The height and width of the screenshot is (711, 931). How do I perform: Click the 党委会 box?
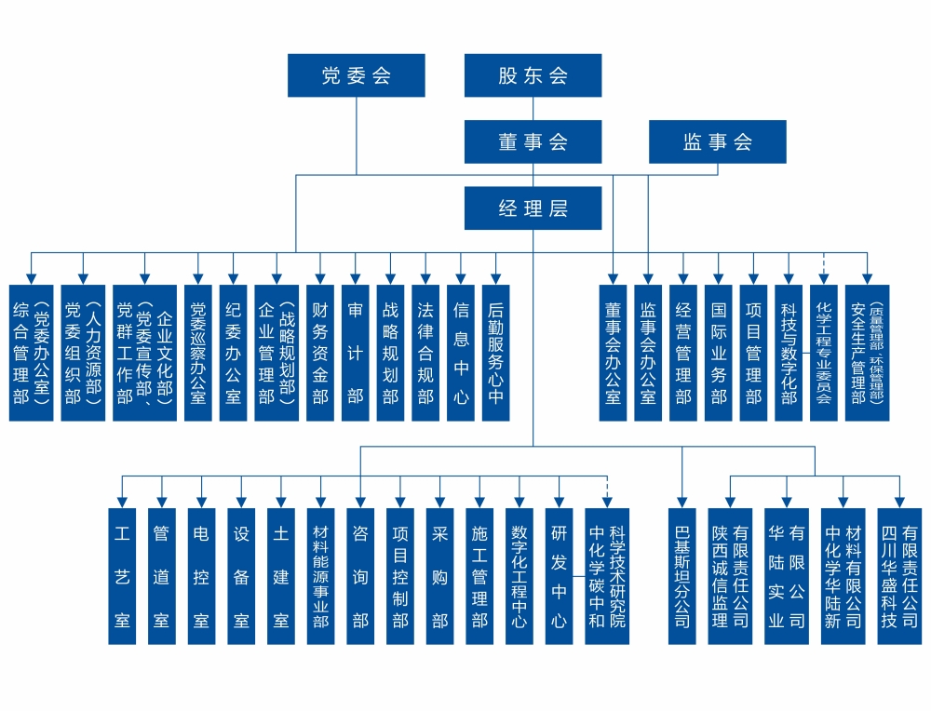[x=356, y=75]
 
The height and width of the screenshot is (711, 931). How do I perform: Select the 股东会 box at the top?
[x=533, y=75]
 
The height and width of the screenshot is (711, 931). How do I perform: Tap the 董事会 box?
[x=533, y=142]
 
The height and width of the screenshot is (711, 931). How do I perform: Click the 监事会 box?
[x=717, y=142]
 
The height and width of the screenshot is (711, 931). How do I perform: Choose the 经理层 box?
[x=533, y=208]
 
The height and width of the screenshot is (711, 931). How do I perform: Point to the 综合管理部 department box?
[x=31, y=353]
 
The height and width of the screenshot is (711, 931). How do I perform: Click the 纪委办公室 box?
[x=233, y=353]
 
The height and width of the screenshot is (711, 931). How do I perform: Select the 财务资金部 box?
[x=319, y=353]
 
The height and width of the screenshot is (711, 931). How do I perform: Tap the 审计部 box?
[x=355, y=353]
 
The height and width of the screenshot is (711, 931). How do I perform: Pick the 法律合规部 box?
[x=425, y=353]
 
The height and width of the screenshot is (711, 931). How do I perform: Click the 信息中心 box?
[x=461, y=353]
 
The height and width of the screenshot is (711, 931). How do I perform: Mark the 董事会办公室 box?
[x=613, y=353]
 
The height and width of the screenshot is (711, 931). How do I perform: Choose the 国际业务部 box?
[x=718, y=353]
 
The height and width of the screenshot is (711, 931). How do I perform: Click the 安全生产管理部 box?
[x=867, y=353]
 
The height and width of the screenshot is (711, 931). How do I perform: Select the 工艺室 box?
[x=122, y=576]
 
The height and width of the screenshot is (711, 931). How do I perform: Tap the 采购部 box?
[x=439, y=576]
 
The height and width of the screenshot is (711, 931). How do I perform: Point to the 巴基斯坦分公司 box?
[x=681, y=576]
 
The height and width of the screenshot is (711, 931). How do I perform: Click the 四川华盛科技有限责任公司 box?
[x=899, y=576]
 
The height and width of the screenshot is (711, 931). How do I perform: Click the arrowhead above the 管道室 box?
[x=162, y=502]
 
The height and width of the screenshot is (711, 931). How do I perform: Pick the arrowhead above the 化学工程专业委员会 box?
[x=824, y=278]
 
